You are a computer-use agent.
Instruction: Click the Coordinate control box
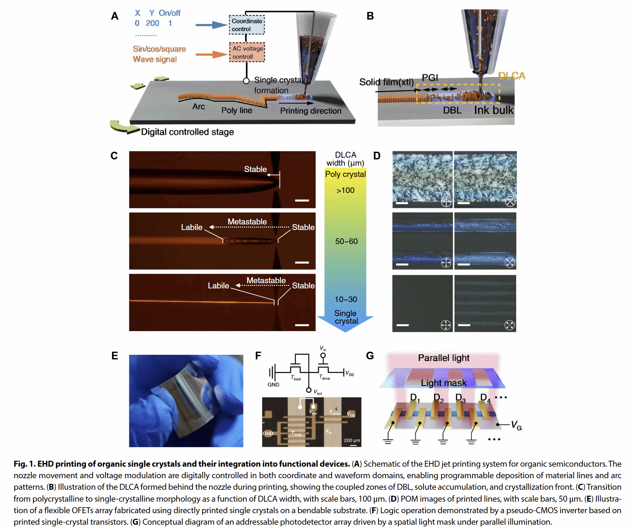coord(247,25)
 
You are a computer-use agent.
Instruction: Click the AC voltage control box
coord(247,52)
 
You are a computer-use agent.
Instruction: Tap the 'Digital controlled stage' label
coord(187,132)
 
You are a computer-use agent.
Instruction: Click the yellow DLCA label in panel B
coord(512,76)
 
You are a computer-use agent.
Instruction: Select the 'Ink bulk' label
coord(493,110)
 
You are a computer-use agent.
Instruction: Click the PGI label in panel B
coord(430,78)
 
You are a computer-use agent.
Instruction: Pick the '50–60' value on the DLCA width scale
coord(346,241)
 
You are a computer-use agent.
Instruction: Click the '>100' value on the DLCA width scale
coord(345,191)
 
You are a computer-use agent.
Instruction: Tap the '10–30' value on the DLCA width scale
coord(346,299)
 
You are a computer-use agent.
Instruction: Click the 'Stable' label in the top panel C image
coord(255,169)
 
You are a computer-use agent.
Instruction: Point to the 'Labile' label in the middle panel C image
coord(191,227)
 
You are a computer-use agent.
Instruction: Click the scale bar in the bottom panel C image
coord(302,325)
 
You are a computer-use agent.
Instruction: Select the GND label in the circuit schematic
coord(273,385)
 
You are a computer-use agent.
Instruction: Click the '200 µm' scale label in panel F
coord(351,440)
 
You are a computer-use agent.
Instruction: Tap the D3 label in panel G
coord(460,398)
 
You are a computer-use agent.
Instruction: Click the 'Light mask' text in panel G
coord(443,383)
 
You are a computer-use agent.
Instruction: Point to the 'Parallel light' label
coord(443,358)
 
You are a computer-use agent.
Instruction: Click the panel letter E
coord(115,356)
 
